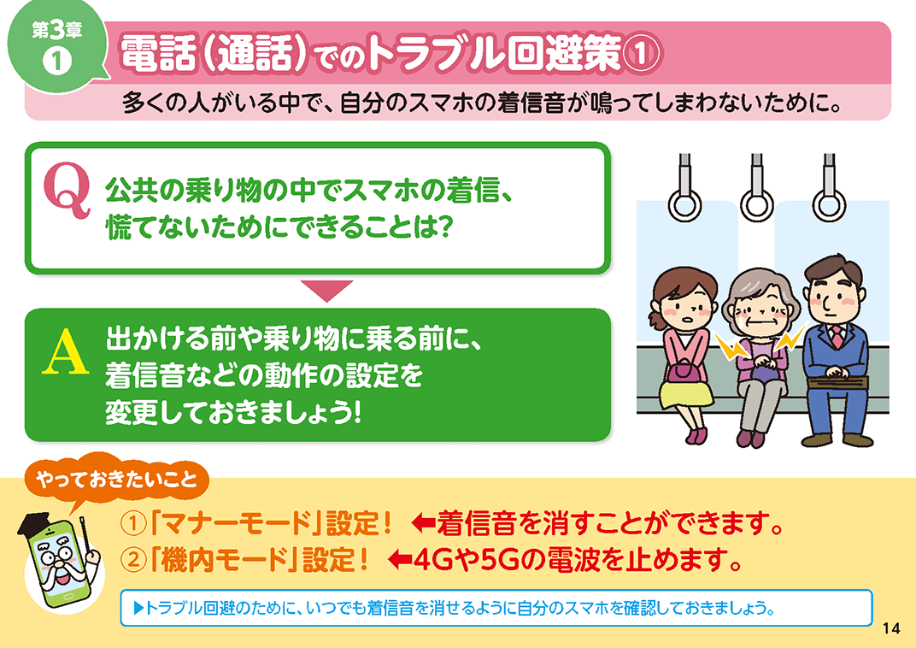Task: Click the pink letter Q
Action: (67, 190)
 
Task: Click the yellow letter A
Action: (66, 351)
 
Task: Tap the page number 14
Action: (891, 628)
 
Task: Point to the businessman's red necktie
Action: (837, 337)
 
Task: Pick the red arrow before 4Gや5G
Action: (400, 560)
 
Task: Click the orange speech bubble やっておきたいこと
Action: (116, 479)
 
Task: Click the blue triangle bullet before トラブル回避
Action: (138, 609)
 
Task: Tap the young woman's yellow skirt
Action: (686, 392)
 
